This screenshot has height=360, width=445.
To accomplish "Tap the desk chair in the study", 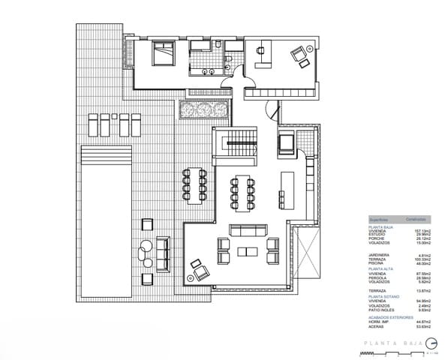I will pyautogui.click(x=260, y=50).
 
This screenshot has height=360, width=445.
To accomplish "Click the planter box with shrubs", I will pyautogui.click(x=203, y=111).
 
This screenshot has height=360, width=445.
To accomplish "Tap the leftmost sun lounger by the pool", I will pyautogui.click(x=93, y=124).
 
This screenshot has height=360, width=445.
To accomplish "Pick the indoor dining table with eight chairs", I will pyautogui.click(x=242, y=192).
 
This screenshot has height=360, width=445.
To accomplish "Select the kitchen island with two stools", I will pyautogui.click(x=285, y=191).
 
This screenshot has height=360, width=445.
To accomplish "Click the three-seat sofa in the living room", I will pyautogui.click(x=247, y=229).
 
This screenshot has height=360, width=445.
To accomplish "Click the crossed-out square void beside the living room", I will pyautogui.click(x=308, y=253).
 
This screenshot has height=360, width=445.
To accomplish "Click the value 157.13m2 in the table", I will pyautogui.click(x=416, y=231).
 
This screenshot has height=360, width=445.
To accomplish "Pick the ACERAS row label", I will pyautogui.click(x=377, y=327).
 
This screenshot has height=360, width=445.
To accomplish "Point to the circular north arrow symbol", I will pyautogui.click(x=420, y=343).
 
